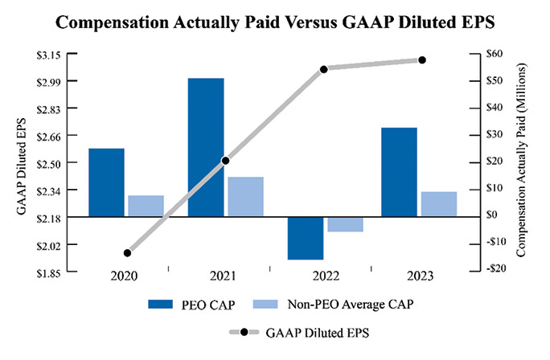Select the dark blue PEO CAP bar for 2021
coord(206,147)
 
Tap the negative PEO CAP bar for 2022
coord(305,238)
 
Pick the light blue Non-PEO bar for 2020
coord(146,206)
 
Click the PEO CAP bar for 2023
coord(399,172)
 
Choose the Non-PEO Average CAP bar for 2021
coord(244,196)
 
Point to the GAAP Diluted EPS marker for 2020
coord(127,252)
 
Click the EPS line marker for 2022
coord(324,69)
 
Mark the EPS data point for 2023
coord(422,60)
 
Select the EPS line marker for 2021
coord(225,161)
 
